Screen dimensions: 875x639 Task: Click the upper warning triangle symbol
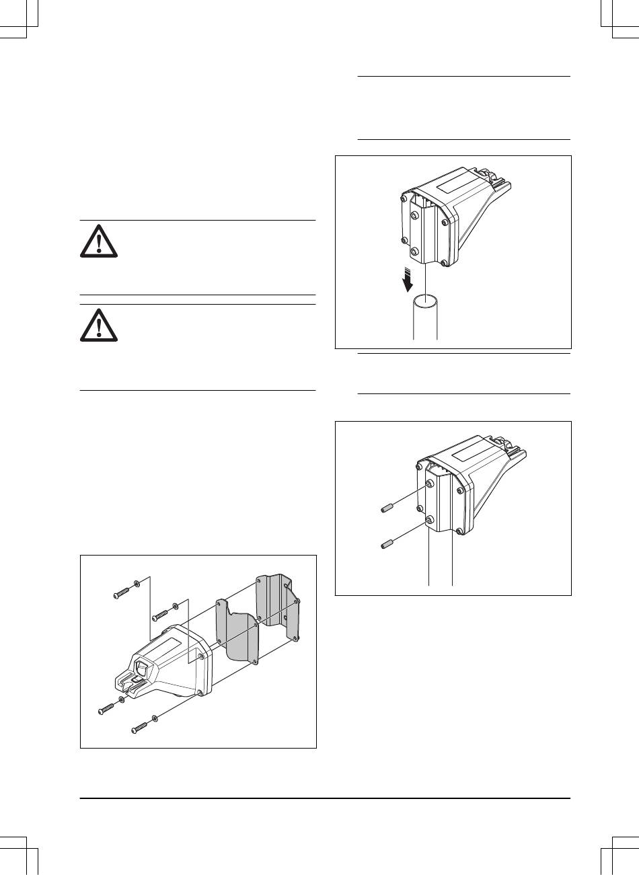98,241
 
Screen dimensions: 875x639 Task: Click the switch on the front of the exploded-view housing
143,670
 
